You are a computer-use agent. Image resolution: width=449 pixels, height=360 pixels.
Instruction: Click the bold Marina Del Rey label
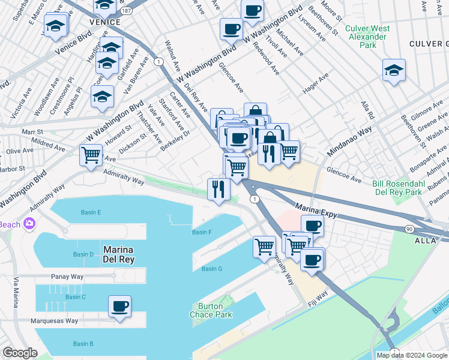pyautogui.click(x=118, y=254)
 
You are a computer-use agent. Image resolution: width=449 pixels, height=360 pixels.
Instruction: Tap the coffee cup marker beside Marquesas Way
pyautogui.click(x=119, y=307)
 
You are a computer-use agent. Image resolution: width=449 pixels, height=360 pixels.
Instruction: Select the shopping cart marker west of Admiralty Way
pyautogui.click(x=91, y=155)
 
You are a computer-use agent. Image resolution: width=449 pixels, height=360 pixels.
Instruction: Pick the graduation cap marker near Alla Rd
pyautogui.click(x=394, y=70)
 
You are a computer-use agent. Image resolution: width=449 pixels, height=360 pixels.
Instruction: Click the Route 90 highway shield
pyautogui.click(x=409, y=229)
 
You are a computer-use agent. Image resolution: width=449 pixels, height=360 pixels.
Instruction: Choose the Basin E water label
pyautogui.click(x=91, y=212)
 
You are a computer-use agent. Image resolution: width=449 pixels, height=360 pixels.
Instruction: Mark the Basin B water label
pyautogui.click(x=83, y=344)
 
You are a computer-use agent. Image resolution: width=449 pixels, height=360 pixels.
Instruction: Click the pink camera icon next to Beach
pyautogui.click(x=28, y=224)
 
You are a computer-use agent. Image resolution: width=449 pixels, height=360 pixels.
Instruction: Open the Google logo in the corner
pyautogui.click(x=20, y=353)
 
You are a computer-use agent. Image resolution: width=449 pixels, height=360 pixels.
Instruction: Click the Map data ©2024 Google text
pyautogui.click(x=411, y=355)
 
